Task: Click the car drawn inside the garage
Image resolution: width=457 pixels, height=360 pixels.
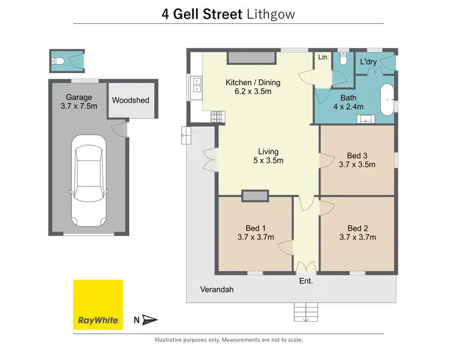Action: point(89,181)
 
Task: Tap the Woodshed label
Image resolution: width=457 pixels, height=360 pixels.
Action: point(130,101)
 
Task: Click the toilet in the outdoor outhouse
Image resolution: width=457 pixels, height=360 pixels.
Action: point(56,61)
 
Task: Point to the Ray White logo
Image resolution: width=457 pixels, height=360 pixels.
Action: point(97,305)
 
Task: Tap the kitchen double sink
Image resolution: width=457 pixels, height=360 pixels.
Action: point(197,85)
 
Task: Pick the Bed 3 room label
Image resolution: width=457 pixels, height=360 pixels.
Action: point(356,155)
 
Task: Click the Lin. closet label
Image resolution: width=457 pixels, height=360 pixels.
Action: point(323,57)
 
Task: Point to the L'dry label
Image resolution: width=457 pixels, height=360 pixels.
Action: point(368,62)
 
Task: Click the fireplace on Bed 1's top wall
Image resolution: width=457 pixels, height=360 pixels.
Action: point(255,195)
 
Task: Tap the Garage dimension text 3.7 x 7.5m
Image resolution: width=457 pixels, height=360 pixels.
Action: point(79,107)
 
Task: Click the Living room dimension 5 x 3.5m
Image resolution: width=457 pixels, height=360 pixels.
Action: point(268,161)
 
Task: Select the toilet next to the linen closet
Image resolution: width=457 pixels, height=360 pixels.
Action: point(344,60)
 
